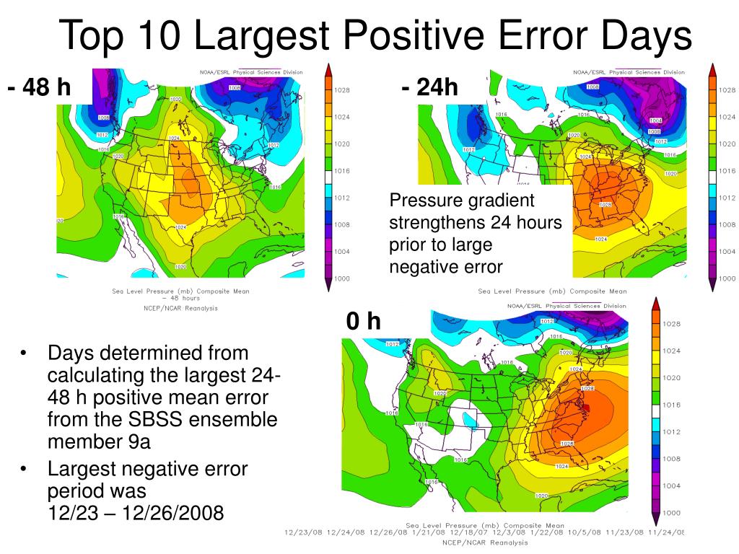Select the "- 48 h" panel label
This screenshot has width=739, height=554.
pos(40,87)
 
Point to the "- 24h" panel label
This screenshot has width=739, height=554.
pos(430,87)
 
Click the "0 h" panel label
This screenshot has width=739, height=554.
pos(363,320)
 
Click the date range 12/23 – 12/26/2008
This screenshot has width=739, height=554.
pos(136,513)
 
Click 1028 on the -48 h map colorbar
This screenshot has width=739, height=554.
pos(342,90)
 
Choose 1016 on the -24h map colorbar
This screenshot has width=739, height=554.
pos(727,171)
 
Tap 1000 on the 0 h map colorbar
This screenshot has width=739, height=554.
pos(672,512)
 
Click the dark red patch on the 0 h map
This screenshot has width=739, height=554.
pos(585,408)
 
